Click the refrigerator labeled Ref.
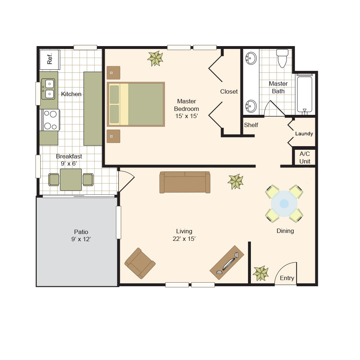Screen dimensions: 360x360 pos(50,59)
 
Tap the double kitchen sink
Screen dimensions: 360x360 pos(48,89)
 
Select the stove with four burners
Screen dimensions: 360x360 pos(50,120)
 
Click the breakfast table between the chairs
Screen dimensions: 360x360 pos(71,180)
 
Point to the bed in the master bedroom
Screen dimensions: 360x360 pos(136,104)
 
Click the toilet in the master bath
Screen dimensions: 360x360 pos(282,58)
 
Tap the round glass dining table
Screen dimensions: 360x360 pos(284,203)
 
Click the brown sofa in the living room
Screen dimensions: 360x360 pos(185,182)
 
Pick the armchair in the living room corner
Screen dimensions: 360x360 pos(140,263)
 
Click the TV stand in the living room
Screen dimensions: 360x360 pos(227,262)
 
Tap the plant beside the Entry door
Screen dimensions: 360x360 pos(261,273)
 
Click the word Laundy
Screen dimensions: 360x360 pos(304,134)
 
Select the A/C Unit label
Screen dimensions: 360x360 pos(305,158)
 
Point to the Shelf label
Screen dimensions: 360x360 pos(251,125)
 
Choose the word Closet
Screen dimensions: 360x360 pos(229,91)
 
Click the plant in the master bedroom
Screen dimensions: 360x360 pos(156,59)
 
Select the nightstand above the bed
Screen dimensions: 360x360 pos(113,73)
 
